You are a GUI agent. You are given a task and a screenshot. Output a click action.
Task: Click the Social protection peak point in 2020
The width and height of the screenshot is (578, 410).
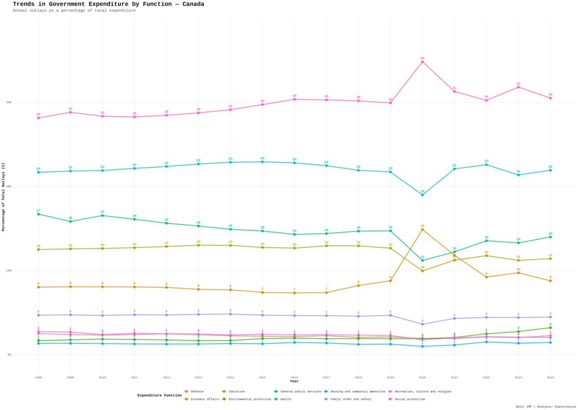click(422, 62)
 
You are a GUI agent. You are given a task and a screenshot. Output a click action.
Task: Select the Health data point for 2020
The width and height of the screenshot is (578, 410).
click(422, 194)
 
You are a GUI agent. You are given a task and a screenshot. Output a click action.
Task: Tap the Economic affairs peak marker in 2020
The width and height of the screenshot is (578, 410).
click(422, 229)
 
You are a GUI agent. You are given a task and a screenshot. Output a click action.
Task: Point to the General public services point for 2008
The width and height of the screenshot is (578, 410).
click(38, 214)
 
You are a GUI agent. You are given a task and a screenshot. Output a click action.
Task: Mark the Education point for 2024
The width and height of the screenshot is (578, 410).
click(550, 259)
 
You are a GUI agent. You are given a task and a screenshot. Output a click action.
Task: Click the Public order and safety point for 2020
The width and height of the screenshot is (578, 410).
click(422, 324)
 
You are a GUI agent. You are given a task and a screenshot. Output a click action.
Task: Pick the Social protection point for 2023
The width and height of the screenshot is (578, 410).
click(518, 87)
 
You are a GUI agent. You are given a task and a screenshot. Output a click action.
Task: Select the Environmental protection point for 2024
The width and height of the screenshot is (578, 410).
click(550, 328)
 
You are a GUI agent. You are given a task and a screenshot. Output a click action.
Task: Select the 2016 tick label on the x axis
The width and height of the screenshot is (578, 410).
click(294, 377)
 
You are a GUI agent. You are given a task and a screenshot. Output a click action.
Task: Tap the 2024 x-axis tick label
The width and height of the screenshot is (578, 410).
click(550, 377)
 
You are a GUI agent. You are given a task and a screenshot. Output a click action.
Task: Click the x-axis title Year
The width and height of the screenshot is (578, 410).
click(294, 382)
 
